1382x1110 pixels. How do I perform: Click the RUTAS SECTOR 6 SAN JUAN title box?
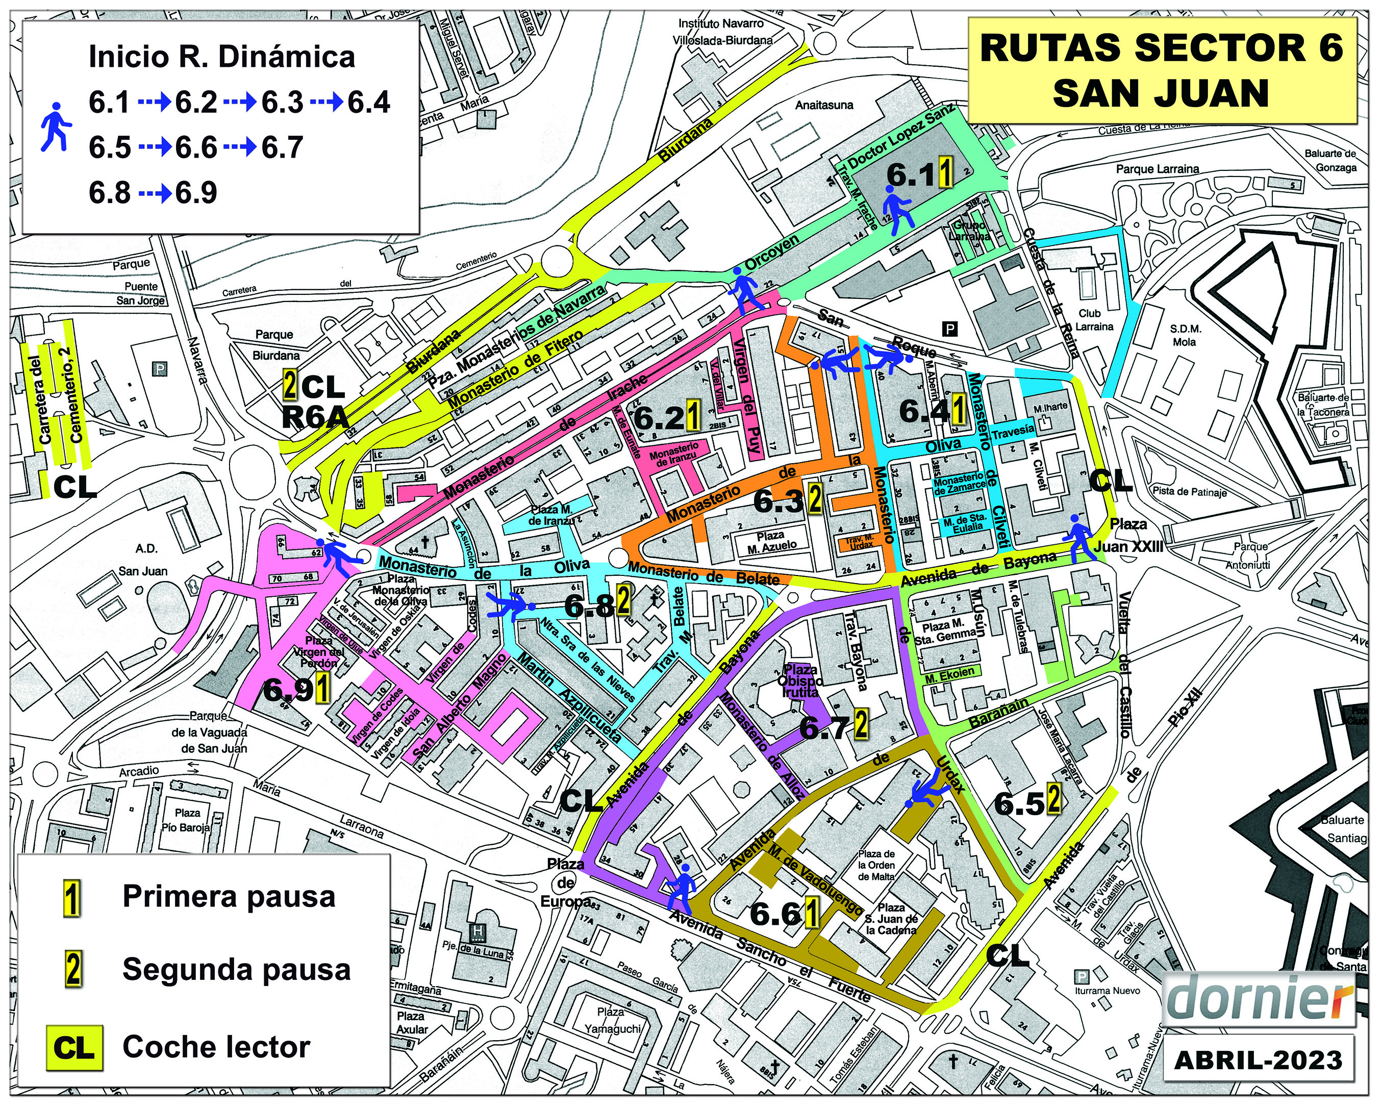(1161, 70)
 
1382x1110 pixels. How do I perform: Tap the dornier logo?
(1258, 998)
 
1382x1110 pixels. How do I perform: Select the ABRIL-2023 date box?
(1258, 1060)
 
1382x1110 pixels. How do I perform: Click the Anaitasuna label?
(824, 105)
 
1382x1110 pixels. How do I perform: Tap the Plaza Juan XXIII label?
(1128, 535)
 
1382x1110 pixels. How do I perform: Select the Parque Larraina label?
(1157, 169)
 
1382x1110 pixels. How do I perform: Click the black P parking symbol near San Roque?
(949, 330)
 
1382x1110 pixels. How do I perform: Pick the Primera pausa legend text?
(229, 897)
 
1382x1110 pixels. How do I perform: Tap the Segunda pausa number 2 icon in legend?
(73, 970)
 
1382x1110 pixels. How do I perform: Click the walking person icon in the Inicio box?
(57, 127)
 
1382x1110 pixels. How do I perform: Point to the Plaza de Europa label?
(565, 882)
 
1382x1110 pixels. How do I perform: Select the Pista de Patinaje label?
(1189, 492)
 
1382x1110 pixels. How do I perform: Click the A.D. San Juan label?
(143, 560)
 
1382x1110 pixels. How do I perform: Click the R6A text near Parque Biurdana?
(315, 417)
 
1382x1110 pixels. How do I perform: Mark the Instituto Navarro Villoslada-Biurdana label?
(722, 32)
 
